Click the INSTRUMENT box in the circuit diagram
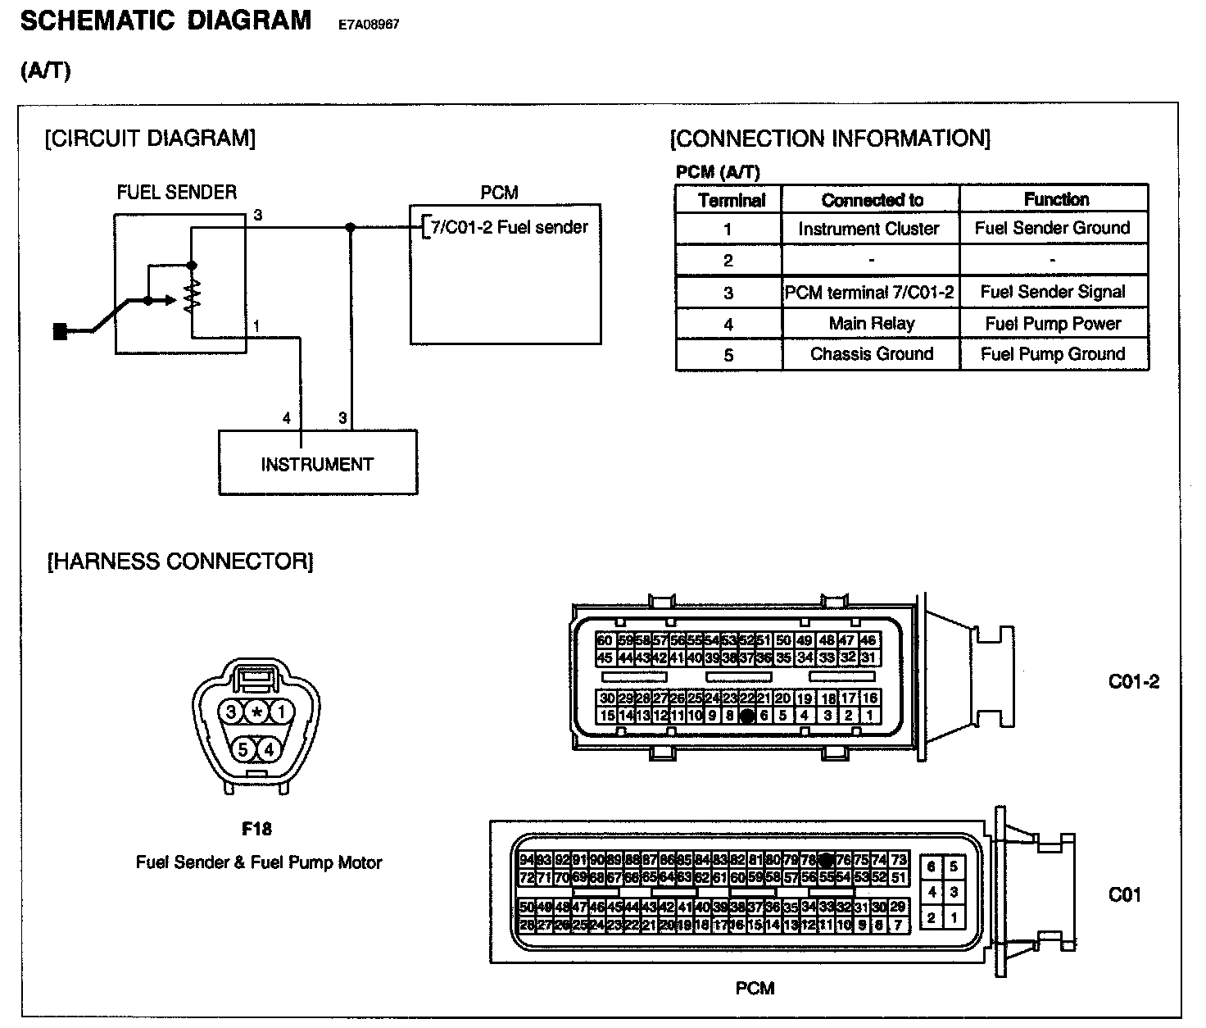click(318, 463)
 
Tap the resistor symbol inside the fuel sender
click(192, 295)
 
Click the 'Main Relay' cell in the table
click(871, 324)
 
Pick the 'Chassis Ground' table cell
click(871, 354)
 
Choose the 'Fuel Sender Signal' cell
click(1053, 292)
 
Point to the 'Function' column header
click(1055, 199)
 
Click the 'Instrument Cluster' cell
click(868, 229)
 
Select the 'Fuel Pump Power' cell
click(1053, 324)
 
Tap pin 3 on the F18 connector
click(232, 712)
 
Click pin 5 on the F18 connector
click(243, 748)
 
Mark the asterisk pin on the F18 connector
click(256, 712)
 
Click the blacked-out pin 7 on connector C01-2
click(746, 716)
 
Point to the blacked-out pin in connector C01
click(826, 860)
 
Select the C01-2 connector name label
click(1133, 681)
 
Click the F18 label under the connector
click(256, 829)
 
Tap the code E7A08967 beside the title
click(369, 25)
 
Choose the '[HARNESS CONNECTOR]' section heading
click(180, 562)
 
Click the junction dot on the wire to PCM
click(351, 227)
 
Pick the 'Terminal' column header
click(731, 200)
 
